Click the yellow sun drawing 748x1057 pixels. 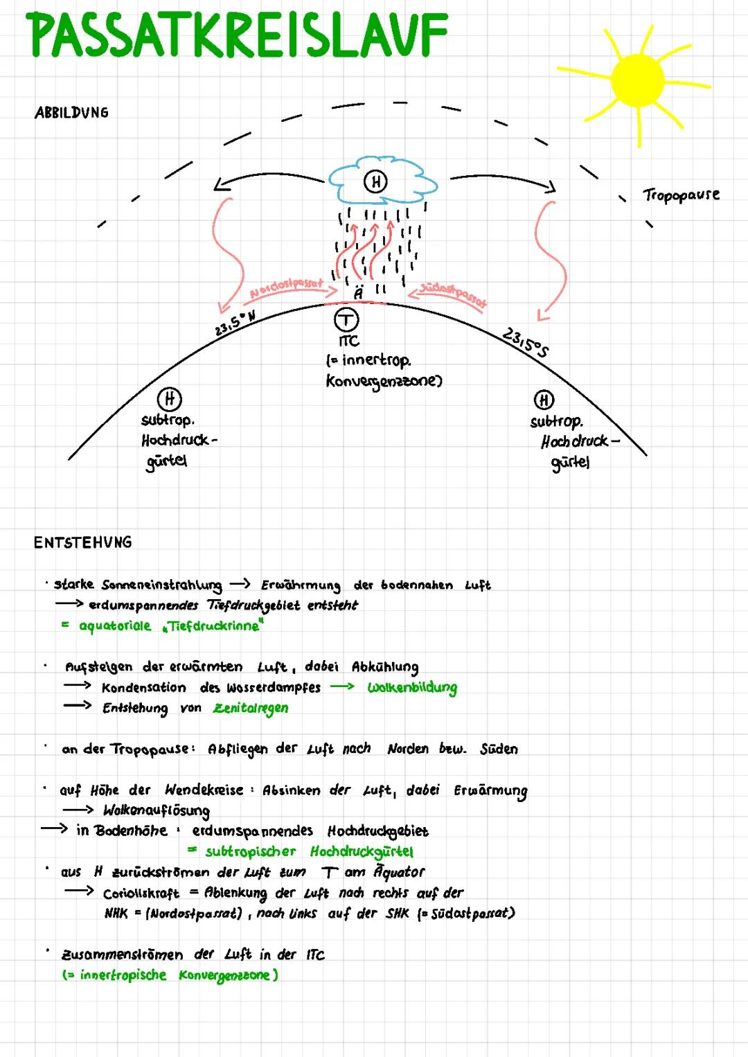point(638,81)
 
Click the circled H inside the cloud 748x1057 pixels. point(375,181)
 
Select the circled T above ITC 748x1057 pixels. point(346,320)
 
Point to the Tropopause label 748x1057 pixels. point(681,195)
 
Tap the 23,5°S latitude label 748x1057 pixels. point(525,342)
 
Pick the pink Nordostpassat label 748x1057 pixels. point(286,288)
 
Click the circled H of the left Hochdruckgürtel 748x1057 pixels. point(170,399)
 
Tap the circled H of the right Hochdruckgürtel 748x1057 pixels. point(544,400)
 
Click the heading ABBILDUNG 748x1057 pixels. point(71,113)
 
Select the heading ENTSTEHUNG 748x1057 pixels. point(82,542)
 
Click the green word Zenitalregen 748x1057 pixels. point(251,709)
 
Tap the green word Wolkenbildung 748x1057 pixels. point(412,688)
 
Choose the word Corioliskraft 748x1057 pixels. point(141,894)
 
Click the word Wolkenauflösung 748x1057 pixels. point(156,810)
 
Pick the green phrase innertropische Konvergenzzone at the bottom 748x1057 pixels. point(170,975)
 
